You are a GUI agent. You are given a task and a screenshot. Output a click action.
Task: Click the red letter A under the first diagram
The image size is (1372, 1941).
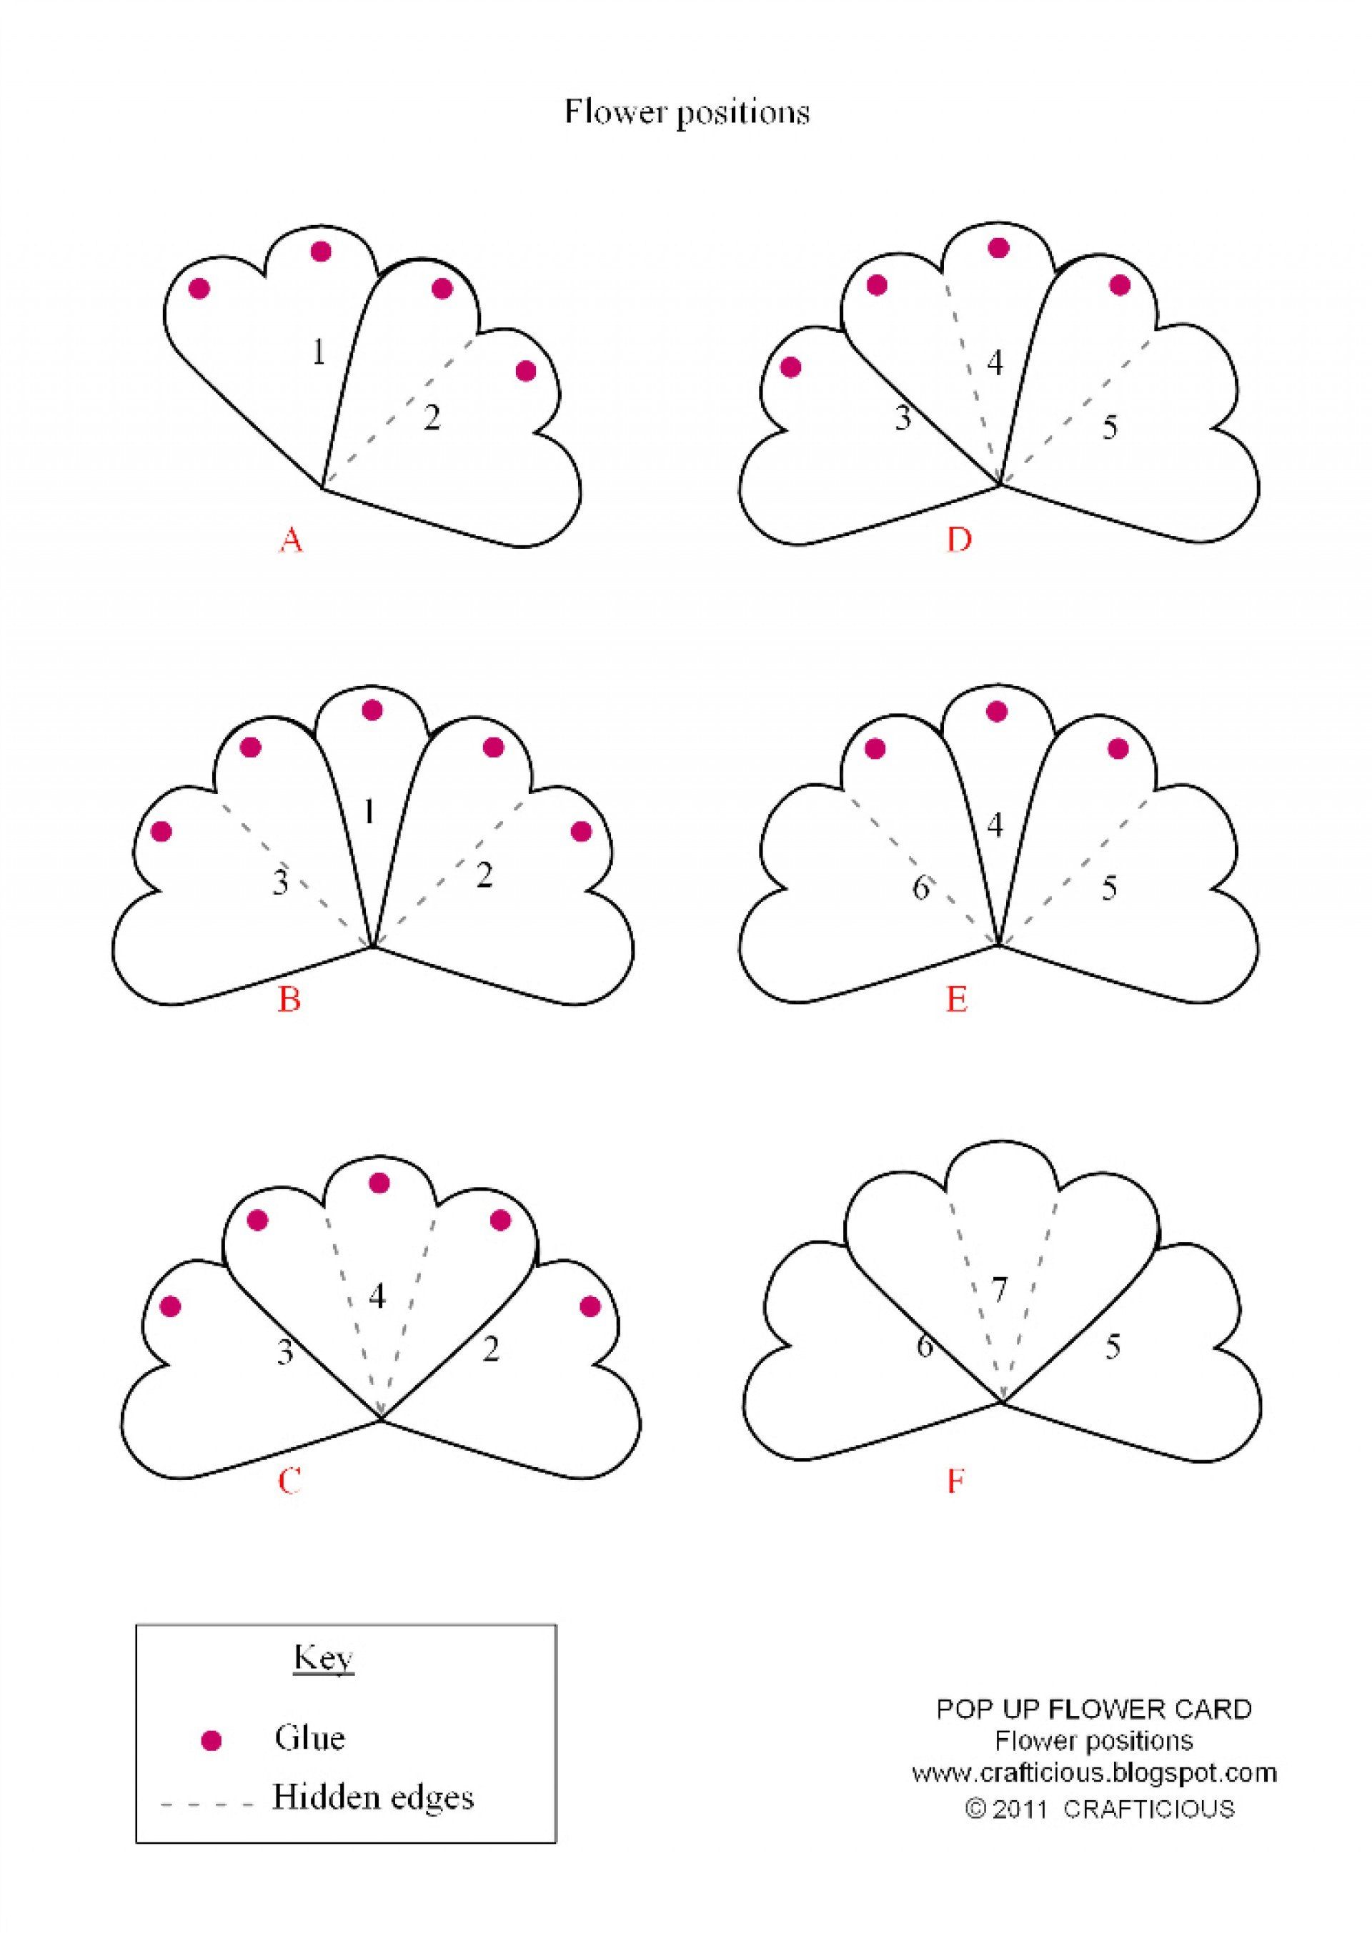(x=291, y=540)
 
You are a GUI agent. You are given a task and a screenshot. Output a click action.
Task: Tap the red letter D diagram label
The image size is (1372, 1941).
(x=959, y=539)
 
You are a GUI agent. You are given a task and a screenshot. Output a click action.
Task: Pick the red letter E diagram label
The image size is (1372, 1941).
(x=956, y=1000)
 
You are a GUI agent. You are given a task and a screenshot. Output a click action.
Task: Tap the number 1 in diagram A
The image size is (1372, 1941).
(x=318, y=352)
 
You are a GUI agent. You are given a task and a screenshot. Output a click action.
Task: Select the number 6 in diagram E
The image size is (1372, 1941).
(x=920, y=888)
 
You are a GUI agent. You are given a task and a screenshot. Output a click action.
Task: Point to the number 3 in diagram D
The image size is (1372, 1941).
(x=903, y=417)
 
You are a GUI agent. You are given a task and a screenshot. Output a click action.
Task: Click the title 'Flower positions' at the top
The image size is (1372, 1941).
(x=687, y=111)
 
